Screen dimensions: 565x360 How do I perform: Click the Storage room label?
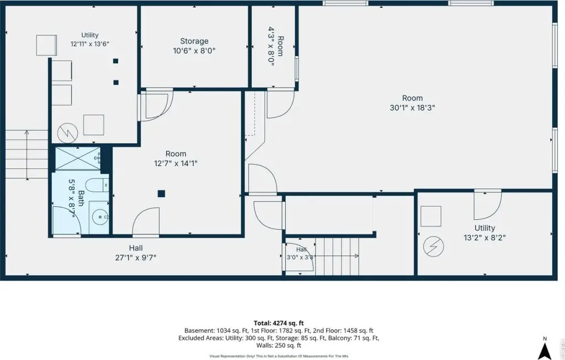(x=194, y=41)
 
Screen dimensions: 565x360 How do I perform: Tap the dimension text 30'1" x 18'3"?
(x=412, y=108)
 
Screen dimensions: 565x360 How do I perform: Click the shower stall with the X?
(x=78, y=158)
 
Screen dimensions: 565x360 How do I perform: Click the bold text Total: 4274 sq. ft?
(x=281, y=323)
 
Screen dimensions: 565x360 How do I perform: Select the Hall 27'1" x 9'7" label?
(x=136, y=252)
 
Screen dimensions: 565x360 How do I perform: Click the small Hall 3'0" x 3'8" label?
(x=301, y=254)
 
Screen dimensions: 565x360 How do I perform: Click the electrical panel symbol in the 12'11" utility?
(x=67, y=133)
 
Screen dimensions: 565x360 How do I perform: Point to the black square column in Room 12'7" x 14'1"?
(x=161, y=194)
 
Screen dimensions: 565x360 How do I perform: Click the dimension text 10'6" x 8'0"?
(x=194, y=50)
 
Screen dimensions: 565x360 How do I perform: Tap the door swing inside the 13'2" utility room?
(x=488, y=205)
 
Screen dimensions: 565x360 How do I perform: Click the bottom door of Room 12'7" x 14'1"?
(x=146, y=222)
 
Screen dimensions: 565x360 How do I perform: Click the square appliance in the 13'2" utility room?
(x=431, y=216)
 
